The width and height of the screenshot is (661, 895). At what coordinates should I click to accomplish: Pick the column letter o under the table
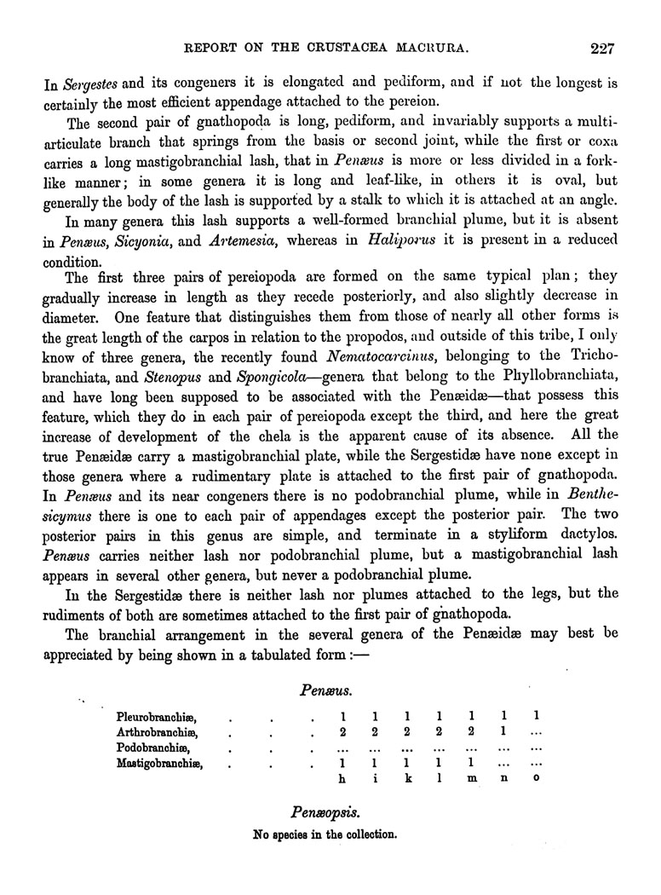point(535,779)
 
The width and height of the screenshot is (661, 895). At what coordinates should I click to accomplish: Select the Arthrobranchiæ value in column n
point(503,731)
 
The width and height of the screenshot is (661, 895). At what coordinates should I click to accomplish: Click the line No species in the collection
point(325,834)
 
